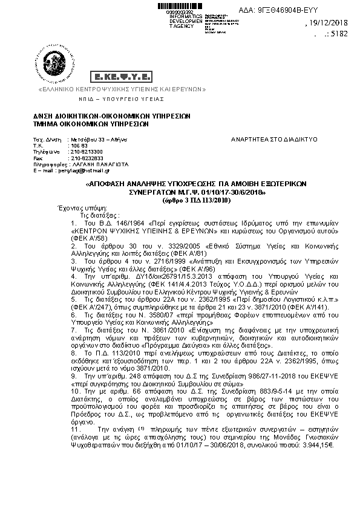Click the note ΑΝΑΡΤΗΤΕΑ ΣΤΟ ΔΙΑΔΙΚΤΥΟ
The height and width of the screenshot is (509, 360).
pyautogui.click(x=274, y=139)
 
